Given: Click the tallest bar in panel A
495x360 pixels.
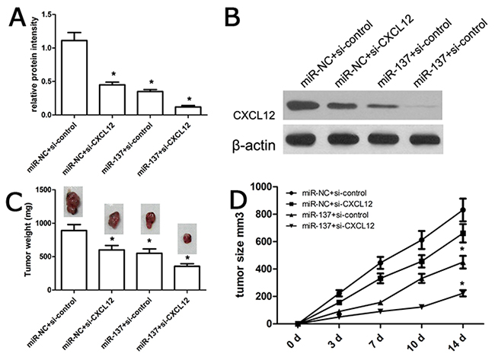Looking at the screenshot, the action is click(x=75, y=78).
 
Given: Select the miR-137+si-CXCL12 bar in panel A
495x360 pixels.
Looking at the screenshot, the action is click(x=188, y=111).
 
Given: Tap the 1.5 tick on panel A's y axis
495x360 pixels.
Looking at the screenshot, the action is click(x=46, y=14).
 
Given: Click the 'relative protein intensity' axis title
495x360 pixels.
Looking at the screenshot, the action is click(x=35, y=65).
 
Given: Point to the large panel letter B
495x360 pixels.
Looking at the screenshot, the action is click(x=233, y=17).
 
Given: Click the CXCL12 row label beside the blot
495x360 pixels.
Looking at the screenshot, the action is click(x=254, y=116).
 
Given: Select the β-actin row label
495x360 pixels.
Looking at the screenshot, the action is click(x=254, y=146).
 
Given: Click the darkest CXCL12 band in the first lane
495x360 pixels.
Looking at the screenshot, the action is click(x=304, y=105).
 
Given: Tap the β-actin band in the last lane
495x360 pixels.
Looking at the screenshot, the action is click(x=425, y=139).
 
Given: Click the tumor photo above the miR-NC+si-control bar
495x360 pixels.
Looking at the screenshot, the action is click(x=73, y=202).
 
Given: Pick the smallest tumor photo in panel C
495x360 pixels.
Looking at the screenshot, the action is click(x=187, y=238).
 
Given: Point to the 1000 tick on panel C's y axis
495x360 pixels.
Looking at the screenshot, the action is click(x=44, y=224).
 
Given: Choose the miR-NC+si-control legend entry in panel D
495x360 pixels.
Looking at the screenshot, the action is click(x=326, y=193).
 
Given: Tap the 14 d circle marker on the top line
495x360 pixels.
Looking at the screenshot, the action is click(x=463, y=210).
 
